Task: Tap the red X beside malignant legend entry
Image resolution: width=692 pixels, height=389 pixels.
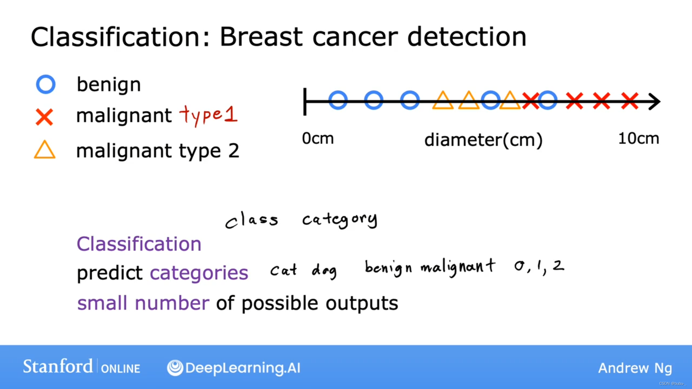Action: click(44, 117)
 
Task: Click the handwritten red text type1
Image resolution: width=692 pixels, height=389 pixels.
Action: click(208, 115)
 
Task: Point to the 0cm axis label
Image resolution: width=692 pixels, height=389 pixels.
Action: click(318, 138)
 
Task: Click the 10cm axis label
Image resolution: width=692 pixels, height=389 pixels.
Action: click(639, 138)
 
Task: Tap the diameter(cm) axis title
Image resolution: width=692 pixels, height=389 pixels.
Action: click(483, 140)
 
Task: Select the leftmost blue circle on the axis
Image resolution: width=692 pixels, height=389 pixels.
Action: click(338, 92)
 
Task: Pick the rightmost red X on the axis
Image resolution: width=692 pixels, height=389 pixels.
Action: click(630, 101)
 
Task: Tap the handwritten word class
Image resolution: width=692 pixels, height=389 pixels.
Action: click(252, 220)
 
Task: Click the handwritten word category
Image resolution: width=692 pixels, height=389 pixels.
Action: click(340, 219)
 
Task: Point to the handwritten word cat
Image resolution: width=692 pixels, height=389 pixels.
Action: click(284, 270)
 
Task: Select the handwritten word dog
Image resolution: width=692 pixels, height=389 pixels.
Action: click(324, 271)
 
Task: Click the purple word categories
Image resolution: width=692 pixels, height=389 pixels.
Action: click(199, 273)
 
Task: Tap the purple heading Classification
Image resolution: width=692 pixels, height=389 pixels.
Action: click(139, 244)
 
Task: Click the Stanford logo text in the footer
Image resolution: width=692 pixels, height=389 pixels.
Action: click(58, 366)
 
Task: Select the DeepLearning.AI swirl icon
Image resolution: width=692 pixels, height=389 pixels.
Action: click(175, 368)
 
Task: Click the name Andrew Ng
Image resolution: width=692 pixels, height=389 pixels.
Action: click(635, 368)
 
